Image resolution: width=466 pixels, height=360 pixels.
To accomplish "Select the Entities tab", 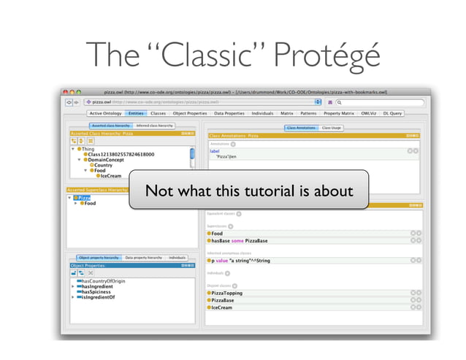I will click(136, 114).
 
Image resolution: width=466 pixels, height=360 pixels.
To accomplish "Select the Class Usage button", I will click(331, 128).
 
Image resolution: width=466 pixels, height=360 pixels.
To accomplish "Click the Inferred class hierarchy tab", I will click(155, 126).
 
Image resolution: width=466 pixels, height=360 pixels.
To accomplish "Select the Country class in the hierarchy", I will click(103, 165).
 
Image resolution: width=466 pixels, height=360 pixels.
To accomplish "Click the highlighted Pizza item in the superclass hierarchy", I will click(83, 197).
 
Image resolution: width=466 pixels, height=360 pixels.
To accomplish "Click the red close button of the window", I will click(65, 93).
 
